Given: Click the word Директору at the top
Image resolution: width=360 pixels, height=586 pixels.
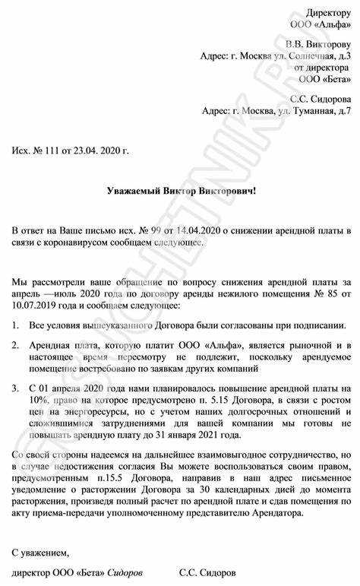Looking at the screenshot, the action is point(329,13).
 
